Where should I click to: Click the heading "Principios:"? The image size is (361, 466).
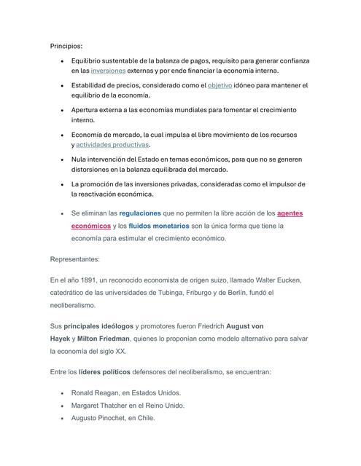[x=66, y=45]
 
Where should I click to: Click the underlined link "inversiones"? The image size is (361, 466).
[x=108, y=71]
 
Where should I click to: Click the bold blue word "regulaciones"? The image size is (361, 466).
[x=140, y=213]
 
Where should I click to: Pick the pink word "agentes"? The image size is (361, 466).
[x=291, y=213]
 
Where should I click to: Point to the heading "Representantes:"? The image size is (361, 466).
[x=75, y=258]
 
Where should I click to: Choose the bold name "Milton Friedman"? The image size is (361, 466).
[x=104, y=339]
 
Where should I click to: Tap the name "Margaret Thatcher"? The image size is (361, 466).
[x=103, y=406]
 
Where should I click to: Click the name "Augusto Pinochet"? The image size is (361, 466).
[x=101, y=419]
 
